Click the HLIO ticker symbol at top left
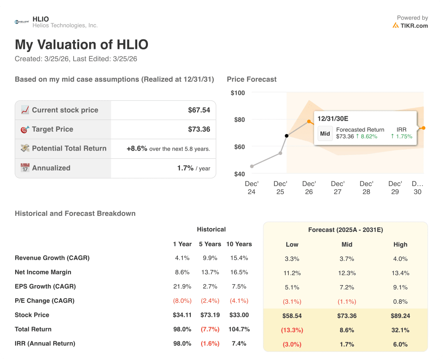coord(41,19)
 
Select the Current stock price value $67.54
coord(199,110)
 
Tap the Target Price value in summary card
coord(199,129)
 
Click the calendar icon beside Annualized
coord(25,168)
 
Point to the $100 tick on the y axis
coord(238,93)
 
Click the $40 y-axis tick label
coord(239,174)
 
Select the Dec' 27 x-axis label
coord(337,188)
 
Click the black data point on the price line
coord(286,136)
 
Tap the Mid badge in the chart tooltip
coord(325,133)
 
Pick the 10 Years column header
coord(239,244)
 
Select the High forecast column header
coord(400,244)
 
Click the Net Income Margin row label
coord(43,272)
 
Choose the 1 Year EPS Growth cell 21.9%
coord(182,286)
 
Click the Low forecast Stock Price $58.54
coord(292,316)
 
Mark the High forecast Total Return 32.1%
coord(400,330)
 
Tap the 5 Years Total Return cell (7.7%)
coord(210,329)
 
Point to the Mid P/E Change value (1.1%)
coord(346,302)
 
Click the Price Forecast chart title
coord(251,79)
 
